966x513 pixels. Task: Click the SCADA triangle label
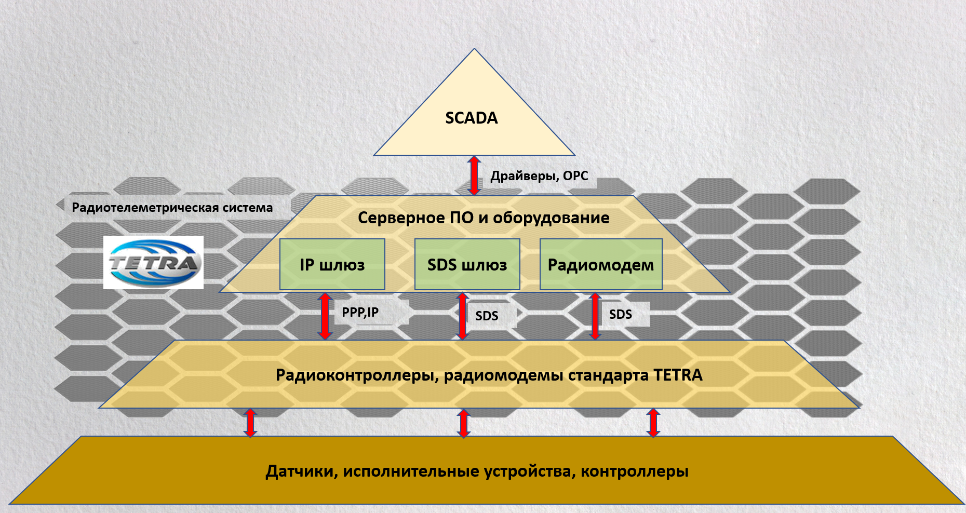471,118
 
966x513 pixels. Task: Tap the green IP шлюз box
332,264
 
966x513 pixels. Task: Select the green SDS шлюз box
467,264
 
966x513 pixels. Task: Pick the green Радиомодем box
601,264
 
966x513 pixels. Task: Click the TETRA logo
153,262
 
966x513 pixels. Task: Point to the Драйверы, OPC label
539,176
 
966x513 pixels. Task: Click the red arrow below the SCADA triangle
474,176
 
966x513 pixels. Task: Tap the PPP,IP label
360,312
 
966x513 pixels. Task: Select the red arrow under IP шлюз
325,316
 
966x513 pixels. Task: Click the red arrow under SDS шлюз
462,316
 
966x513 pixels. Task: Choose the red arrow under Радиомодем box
596,316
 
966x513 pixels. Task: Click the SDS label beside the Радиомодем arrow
621,314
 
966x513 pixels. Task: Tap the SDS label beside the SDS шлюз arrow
487,316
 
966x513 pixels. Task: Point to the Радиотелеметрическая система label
172,208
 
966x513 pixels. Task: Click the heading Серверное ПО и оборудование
483,218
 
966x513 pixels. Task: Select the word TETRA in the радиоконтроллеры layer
677,375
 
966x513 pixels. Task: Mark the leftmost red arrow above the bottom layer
250,423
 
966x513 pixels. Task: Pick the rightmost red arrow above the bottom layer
653,423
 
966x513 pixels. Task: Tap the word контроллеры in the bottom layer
634,471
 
